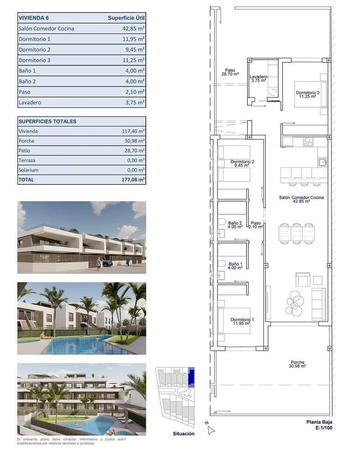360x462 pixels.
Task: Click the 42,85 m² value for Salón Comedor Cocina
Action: [x=134, y=28]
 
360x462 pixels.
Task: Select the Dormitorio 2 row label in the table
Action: [x=34, y=50]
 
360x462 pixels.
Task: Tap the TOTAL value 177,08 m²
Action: [x=133, y=180]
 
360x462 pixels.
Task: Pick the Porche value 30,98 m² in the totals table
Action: [x=134, y=141]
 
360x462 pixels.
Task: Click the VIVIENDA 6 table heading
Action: [x=33, y=18]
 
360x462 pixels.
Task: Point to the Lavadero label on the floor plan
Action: [x=258, y=77]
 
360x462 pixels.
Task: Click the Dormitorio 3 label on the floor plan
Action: [x=308, y=92]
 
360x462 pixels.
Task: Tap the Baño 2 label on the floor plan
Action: [x=235, y=223]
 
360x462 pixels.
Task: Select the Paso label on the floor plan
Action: [x=255, y=223]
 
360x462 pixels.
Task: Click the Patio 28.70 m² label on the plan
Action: [x=230, y=72]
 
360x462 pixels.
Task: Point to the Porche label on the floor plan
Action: [x=298, y=362]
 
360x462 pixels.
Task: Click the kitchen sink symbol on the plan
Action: [x=323, y=162]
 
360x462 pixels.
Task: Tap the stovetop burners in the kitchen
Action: [x=308, y=142]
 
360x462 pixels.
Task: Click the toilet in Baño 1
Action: [x=222, y=263]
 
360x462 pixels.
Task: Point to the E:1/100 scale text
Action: [x=324, y=428]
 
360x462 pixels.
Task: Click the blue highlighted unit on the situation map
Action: [x=191, y=377]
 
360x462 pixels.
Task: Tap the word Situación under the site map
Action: [x=184, y=434]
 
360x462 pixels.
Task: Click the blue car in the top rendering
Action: [x=106, y=263]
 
